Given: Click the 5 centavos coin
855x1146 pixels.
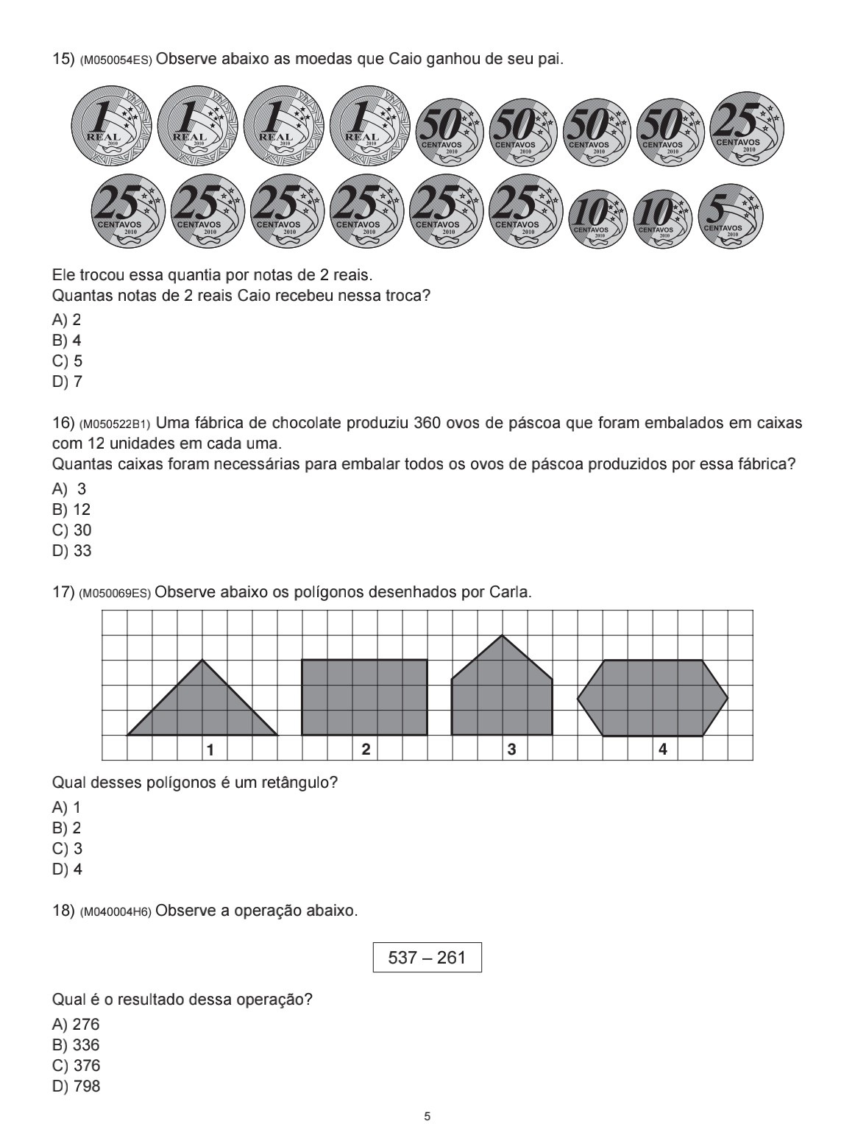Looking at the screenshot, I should (x=730, y=215).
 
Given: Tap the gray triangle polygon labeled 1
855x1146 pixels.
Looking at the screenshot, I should (x=203, y=706).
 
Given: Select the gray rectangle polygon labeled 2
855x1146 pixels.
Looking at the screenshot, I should (x=364, y=697).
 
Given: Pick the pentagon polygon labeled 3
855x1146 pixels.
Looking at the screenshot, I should (x=502, y=691).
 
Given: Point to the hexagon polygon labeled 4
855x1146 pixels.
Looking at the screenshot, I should (x=653, y=697).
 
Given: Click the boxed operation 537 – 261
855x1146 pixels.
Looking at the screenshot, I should (x=427, y=958).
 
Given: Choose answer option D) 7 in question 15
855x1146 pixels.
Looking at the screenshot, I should (x=67, y=382).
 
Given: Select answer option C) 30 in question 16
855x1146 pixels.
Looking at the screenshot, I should (x=71, y=530).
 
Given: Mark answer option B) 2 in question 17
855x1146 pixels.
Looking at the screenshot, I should (x=67, y=828).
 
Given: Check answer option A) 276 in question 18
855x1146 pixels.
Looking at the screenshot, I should (x=76, y=1025).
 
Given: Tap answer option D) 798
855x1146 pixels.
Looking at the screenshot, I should (x=76, y=1086).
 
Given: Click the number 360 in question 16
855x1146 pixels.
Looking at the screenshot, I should (x=427, y=423).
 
